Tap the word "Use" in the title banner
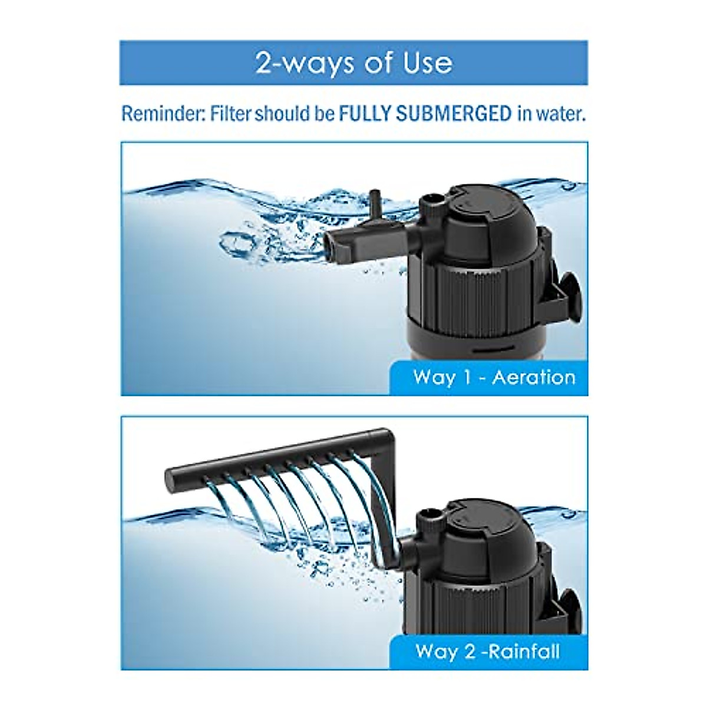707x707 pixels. pyautogui.click(x=428, y=63)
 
